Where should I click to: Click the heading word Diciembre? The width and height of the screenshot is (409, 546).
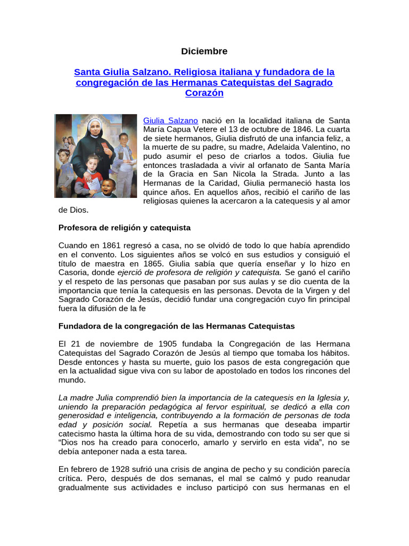[x=204, y=51]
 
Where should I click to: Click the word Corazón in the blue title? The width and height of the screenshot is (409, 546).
[x=204, y=93]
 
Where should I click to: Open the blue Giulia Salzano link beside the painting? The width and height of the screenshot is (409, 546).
[x=170, y=121]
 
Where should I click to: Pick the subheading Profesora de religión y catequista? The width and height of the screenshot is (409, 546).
[x=124, y=228]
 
